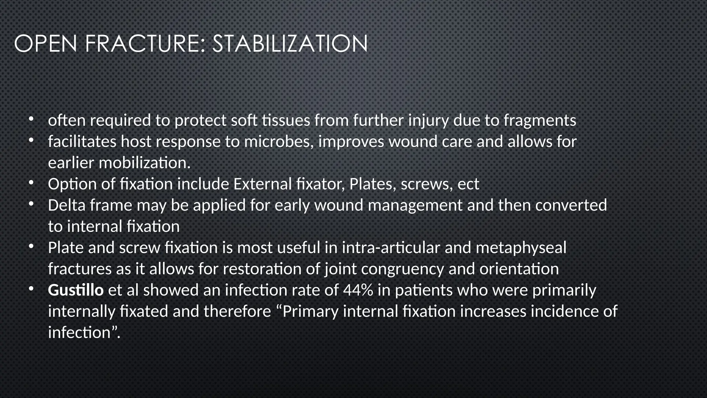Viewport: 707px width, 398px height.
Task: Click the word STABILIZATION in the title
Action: click(x=290, y=44)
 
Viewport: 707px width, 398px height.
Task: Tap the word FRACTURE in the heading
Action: click(x=145, y=44)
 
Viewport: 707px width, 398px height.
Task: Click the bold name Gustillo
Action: click(x=76, y=290)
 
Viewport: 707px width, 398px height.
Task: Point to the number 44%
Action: click(x=358, y=290)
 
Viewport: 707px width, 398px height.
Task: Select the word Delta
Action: click(x=67, y=205)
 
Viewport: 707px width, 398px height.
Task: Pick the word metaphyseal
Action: click(x=521, y=248)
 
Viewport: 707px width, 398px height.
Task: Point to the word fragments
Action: click(x=540, y=121)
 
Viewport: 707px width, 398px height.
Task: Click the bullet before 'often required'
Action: click(x=31, y=120)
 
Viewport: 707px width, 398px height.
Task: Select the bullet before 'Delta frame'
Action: click(x=31, y=205)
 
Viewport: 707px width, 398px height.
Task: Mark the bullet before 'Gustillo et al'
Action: click(x=31, y=289)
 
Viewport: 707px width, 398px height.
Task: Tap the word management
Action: click(x=415, y=205)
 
